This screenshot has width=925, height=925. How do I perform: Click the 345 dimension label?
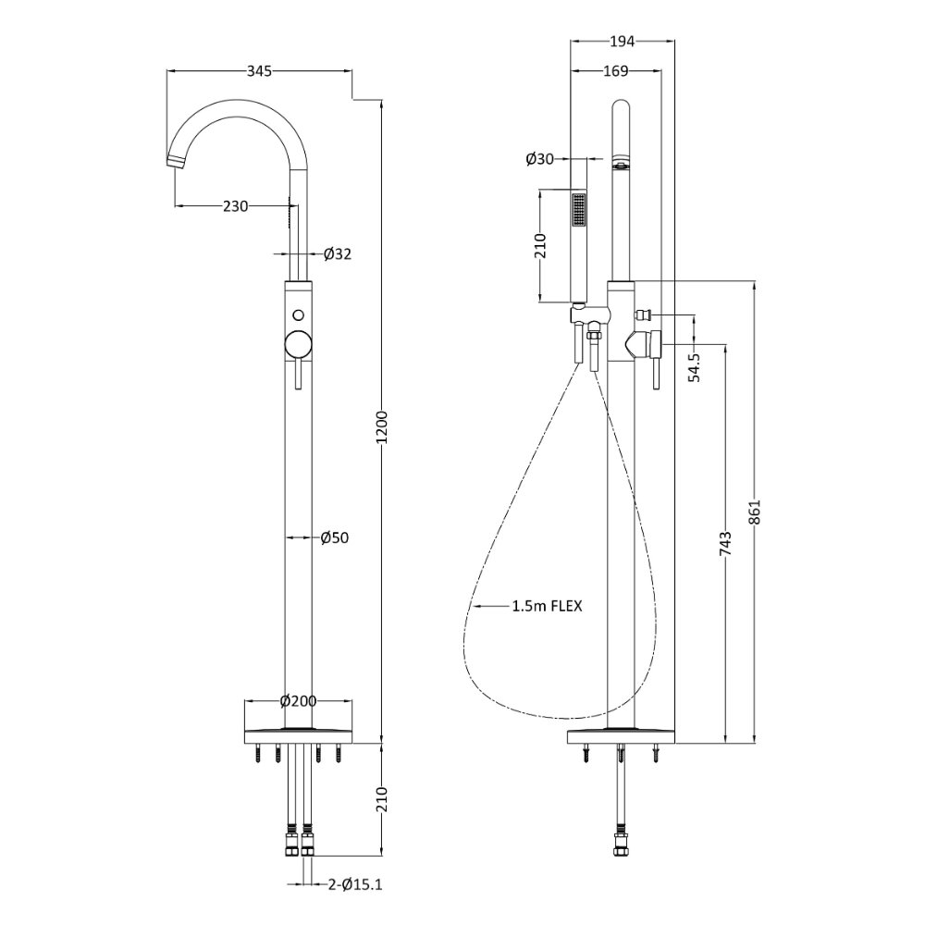[259, 71]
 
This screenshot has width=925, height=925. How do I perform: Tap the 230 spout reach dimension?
[235, 206]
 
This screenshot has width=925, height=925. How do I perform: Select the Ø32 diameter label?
[338, 253]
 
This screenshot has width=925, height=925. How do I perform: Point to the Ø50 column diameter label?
[335, 537]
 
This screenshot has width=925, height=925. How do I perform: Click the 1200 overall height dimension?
[382, 427]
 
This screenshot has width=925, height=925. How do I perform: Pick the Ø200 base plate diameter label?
[299, 701]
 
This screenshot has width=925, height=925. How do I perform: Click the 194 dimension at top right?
[622, 42]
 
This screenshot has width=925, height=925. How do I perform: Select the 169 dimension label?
[616, 71]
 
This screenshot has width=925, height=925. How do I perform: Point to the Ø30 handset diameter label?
[540, 159]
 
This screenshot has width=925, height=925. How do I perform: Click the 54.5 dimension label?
[695, 367]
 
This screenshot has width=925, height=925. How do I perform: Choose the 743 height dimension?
[725, 543]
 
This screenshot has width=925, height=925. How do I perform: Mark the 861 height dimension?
[756, 512]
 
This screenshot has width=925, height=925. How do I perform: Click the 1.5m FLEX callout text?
[547, 606]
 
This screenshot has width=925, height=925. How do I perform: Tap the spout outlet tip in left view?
[174, 161]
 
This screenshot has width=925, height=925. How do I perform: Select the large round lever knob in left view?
[299, 344]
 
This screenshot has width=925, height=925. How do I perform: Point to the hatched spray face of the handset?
[579, 210]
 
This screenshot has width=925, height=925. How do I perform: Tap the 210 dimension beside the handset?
[540, 246]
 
